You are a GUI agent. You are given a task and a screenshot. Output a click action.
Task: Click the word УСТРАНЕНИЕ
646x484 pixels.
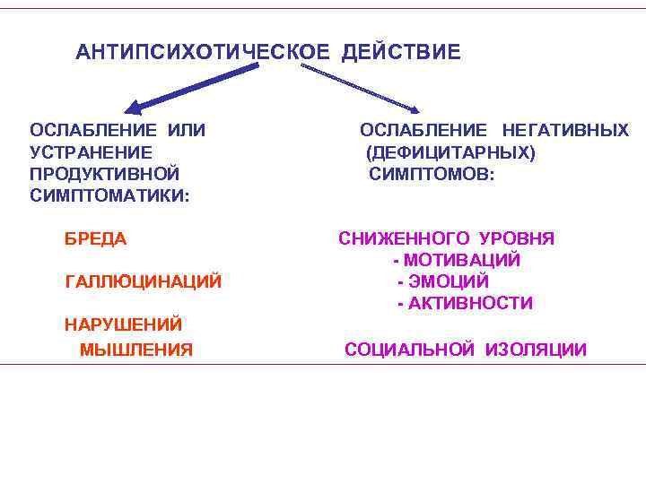click(x=91, y=152)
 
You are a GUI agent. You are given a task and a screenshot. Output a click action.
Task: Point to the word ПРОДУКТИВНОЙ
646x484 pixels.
click(x=104, y=173)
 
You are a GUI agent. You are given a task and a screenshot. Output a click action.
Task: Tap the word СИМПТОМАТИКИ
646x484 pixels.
click(x=109, y=194)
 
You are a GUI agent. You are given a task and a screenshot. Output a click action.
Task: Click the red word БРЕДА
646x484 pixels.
click(x=96, y=239)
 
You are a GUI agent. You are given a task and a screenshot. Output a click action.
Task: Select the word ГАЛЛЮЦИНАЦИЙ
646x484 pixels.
click(x=144, y=282)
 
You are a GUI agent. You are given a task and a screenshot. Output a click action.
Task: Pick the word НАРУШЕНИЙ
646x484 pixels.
click(x=123, y=324)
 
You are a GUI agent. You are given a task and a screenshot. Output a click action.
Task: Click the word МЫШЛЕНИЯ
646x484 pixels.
click(x=136, y=350)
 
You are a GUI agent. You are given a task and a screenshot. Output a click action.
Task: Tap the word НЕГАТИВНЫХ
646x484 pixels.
click(x=565, y=131)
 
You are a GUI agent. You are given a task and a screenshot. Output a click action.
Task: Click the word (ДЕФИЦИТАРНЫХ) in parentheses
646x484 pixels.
click(x=450, y=152)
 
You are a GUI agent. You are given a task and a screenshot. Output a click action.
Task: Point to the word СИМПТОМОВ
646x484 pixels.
click(x=430, y=173)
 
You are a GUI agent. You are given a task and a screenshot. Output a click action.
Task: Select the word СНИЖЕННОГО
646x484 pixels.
click(x=404, y=238)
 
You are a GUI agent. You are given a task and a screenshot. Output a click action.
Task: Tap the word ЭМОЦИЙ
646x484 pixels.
click(x=449, y=282)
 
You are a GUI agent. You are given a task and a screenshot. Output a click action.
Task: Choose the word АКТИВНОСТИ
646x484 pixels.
click(x=470, y=304)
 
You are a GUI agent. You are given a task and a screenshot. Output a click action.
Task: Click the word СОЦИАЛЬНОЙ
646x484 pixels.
click(x=410, y=350)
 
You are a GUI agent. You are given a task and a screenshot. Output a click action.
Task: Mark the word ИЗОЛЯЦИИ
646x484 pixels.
click(x=537, y=350)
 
